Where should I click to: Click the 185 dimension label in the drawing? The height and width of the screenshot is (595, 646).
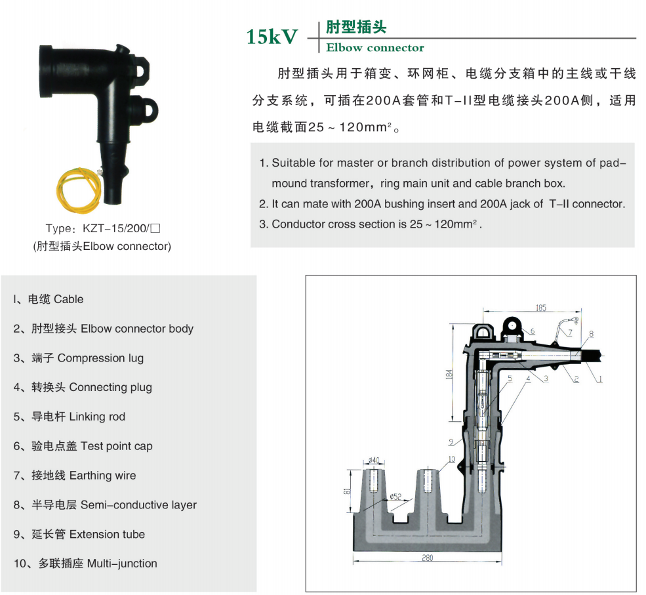540,308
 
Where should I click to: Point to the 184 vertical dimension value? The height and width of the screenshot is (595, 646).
449,374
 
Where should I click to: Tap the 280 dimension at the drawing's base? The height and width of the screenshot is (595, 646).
427,558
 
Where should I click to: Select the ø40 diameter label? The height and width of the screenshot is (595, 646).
374,460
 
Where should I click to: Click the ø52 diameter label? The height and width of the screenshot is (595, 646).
395,496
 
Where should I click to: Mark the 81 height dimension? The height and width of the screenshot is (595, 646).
347,491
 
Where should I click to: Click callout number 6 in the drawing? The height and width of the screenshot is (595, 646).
533,331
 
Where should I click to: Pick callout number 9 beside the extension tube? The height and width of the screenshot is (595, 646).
451,441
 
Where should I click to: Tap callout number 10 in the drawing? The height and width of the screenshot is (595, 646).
451,459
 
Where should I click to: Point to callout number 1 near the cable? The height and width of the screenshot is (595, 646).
600,379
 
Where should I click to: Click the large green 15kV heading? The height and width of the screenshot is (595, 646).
272,36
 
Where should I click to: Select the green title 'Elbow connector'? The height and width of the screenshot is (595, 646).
375,48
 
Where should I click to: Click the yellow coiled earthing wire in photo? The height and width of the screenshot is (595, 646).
78,189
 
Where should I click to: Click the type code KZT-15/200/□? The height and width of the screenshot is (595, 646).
121,228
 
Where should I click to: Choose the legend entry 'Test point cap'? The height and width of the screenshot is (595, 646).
117,446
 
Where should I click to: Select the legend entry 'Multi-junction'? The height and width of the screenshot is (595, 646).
123,564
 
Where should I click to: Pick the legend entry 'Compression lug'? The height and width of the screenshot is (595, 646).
100,358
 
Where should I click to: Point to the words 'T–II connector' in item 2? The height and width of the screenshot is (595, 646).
587,203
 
